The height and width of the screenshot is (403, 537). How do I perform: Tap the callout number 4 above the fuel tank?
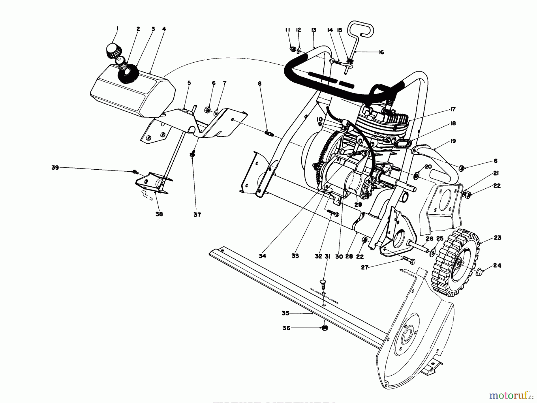coord(164,29)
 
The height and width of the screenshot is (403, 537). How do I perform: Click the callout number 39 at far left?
coord(55,168)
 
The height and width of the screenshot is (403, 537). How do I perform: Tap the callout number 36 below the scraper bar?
coord(286,328)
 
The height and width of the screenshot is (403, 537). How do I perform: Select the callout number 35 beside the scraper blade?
coord(286,313)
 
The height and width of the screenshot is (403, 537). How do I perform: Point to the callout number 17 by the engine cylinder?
coord(453,110)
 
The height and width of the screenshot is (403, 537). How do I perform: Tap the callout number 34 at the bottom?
coord(262,256)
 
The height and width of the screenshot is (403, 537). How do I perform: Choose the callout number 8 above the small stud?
coord(260,84)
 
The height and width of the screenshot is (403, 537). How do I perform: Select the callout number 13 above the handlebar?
coord(313,30)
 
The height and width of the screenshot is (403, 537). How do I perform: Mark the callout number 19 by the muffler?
coord(453,141)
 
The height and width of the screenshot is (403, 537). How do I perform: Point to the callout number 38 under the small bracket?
coord(159,214)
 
